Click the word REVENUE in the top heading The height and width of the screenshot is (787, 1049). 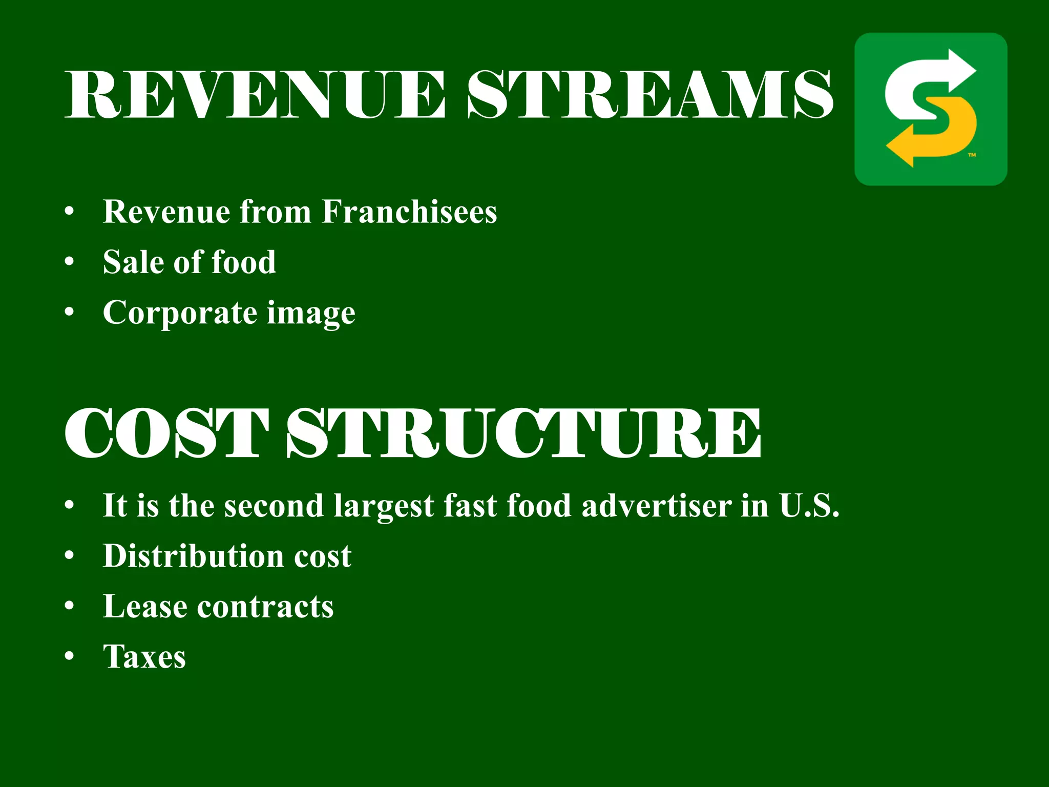pyautogui.click(x=255, y=95)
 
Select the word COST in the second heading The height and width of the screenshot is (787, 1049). pyautogui.click(x=166, y=433)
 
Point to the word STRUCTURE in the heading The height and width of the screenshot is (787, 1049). pyautogui.click(x=523, y=433)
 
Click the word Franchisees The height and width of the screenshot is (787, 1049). pyautogui.click(x=409, y=212)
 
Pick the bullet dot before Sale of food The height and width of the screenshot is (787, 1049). pyautogui.click(x=70, y=262)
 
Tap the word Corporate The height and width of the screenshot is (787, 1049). pyautogui.click(x=180, y=313)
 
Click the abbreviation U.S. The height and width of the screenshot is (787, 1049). pyautogui.click(x=809, y=506)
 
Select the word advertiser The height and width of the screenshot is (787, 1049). pyautogui.click(x=657, y=506)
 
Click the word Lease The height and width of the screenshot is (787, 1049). pyautogui.click(x=145, y=607)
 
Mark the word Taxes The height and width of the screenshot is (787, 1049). pyautogui.click(x=144, y=657)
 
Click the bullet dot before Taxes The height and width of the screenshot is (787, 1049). pyautogui.click(x=70, y=656)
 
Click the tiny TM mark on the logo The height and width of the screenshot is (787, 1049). pyautogui.click(x=972, y=155)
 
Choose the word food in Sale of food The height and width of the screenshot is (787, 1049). pyautogui.click(x=244, y=262)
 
